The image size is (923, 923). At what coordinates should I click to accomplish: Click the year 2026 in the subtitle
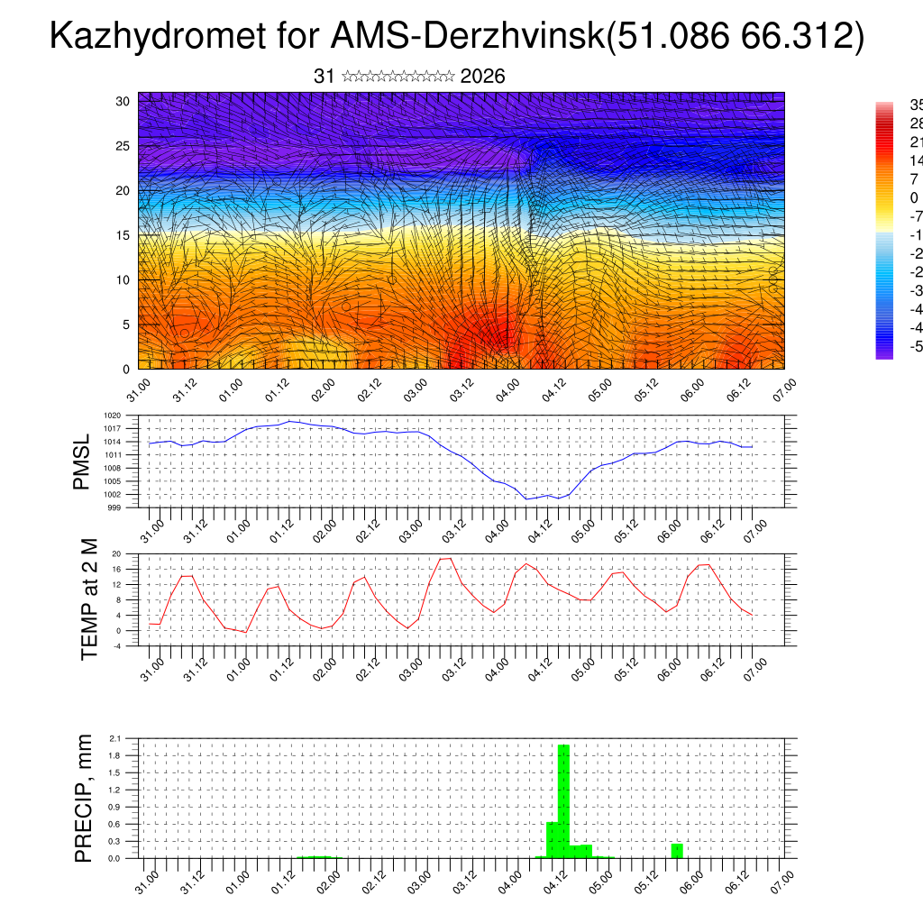coord(482,77)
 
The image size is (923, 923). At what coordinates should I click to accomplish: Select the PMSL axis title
coord(82,462)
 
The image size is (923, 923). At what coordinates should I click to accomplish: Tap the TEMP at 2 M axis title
coord(89,599)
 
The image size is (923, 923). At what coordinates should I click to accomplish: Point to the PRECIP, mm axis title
coord(84,798)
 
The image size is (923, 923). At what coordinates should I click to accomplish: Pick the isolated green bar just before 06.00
coord(677,850)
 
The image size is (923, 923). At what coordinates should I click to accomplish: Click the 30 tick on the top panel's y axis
coord(123,101)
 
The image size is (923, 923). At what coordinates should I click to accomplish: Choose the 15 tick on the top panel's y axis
coord(123,235)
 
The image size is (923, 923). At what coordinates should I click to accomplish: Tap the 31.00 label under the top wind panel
coord(137,393)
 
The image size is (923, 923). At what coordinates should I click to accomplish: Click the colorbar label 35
coord(915,105)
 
